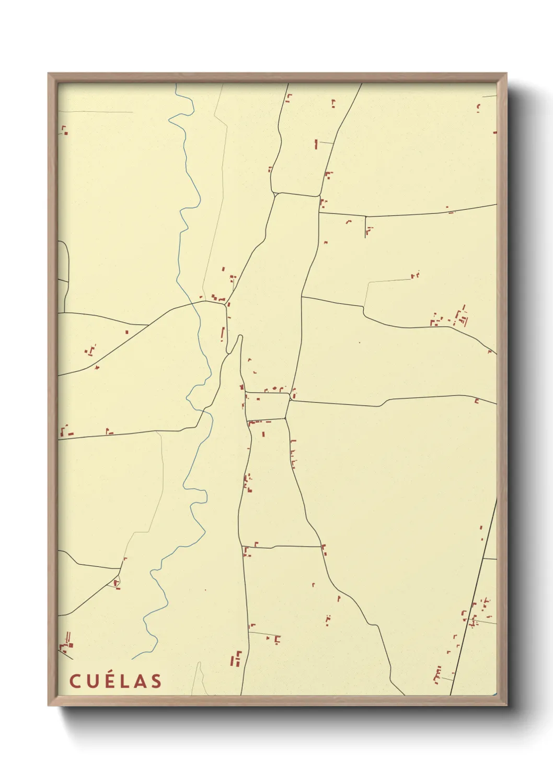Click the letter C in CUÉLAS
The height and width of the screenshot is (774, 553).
[75, 681]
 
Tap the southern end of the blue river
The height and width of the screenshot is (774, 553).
[132, 658]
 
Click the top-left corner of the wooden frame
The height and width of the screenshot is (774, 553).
[49, 74]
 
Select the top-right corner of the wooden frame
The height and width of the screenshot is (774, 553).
[506, 74]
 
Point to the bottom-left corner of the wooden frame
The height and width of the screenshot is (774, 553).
[49, 705]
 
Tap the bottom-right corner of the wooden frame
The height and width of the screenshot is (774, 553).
[506, 705]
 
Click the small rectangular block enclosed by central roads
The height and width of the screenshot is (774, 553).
[267, 406]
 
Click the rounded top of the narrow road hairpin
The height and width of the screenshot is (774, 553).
[240, 337]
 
